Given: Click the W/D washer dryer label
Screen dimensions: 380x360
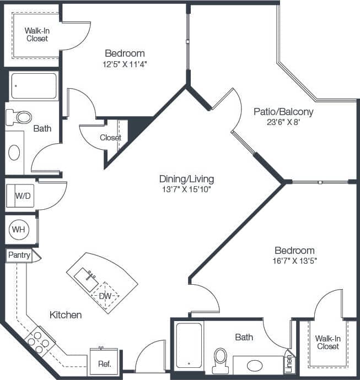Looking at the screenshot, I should coord(22,196).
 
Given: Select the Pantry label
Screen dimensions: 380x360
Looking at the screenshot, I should coord(19,255).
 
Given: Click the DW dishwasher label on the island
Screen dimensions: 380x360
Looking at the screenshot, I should coord(105,296).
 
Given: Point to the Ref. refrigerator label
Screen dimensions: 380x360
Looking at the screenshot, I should coord(104,363).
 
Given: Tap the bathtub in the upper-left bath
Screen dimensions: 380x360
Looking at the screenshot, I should coord(34,86).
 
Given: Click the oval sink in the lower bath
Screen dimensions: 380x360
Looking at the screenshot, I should coord(255,365).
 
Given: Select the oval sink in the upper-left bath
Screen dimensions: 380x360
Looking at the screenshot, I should coord(14,152).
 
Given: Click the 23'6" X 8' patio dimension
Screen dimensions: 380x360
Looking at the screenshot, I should coord(283,122).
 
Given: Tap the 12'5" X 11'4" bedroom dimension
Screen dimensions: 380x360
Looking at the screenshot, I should coord(125,64).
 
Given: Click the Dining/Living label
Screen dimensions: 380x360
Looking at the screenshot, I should coord(186,179).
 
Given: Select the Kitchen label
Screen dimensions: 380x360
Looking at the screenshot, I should coord(66,315).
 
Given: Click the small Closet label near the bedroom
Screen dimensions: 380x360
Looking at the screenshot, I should coord(110,138).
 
